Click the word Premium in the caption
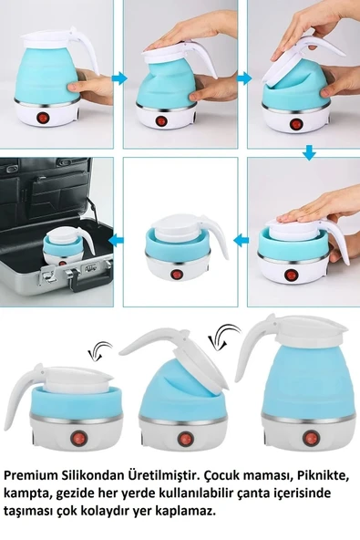(31, 476)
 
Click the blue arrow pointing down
(309, 152)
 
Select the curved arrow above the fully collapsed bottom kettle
(96, 349)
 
